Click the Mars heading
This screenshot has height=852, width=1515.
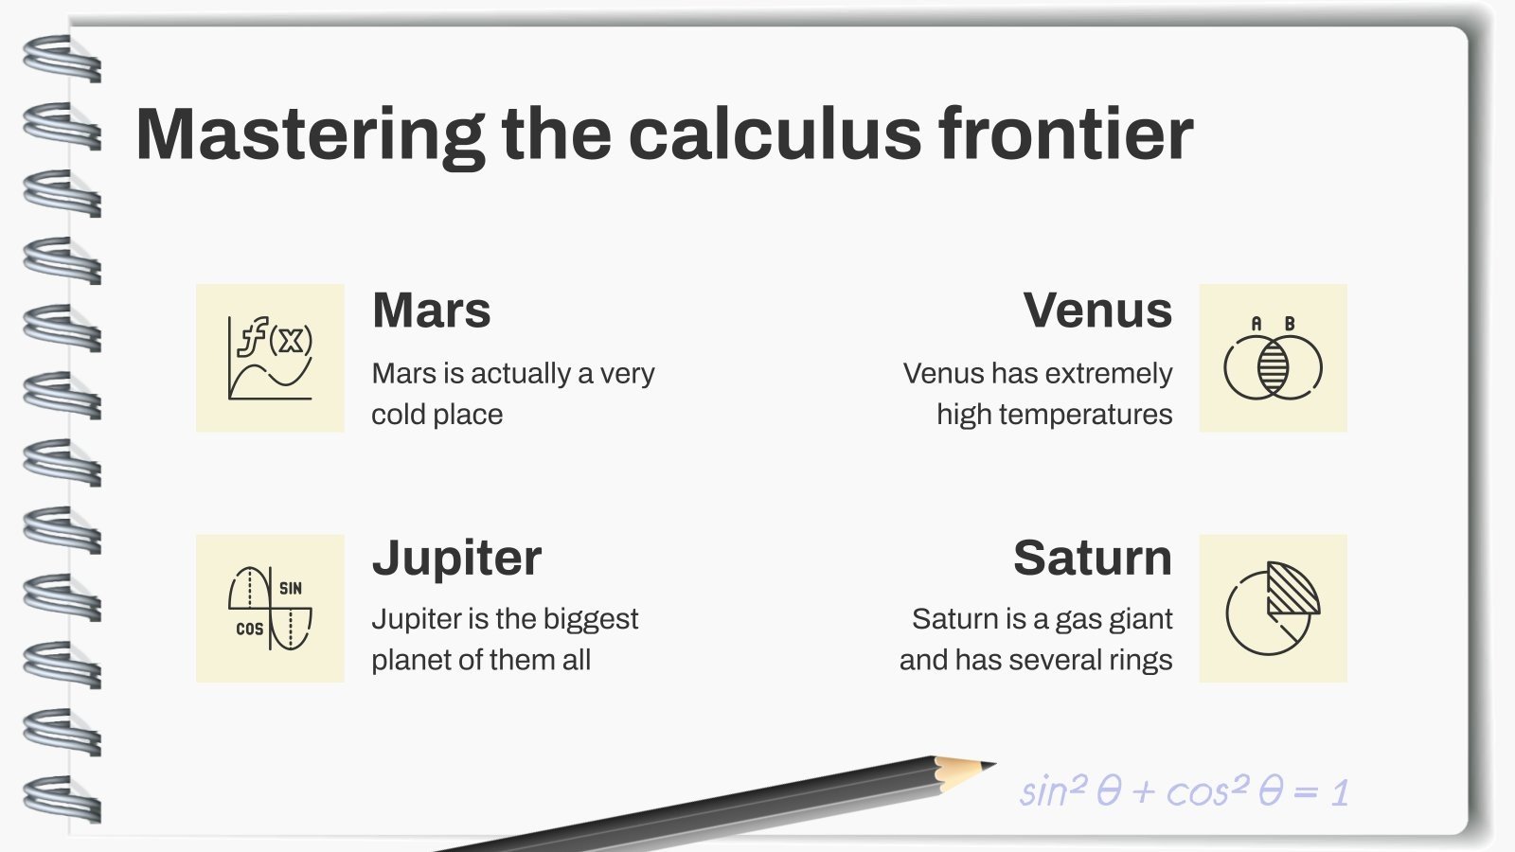432,311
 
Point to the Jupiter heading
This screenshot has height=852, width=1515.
456,558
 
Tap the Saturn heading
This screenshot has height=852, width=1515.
1092,558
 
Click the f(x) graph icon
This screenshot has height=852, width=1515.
270,358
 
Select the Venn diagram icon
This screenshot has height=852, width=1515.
1273,360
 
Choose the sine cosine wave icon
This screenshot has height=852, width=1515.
270,608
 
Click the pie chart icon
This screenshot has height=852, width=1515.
1273,608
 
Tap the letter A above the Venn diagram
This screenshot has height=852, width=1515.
1257,324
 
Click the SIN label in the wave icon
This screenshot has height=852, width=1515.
291,588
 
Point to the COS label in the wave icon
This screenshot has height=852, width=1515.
250,629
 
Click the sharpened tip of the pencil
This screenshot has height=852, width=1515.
988,764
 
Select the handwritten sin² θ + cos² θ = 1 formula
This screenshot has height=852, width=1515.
1184,791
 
